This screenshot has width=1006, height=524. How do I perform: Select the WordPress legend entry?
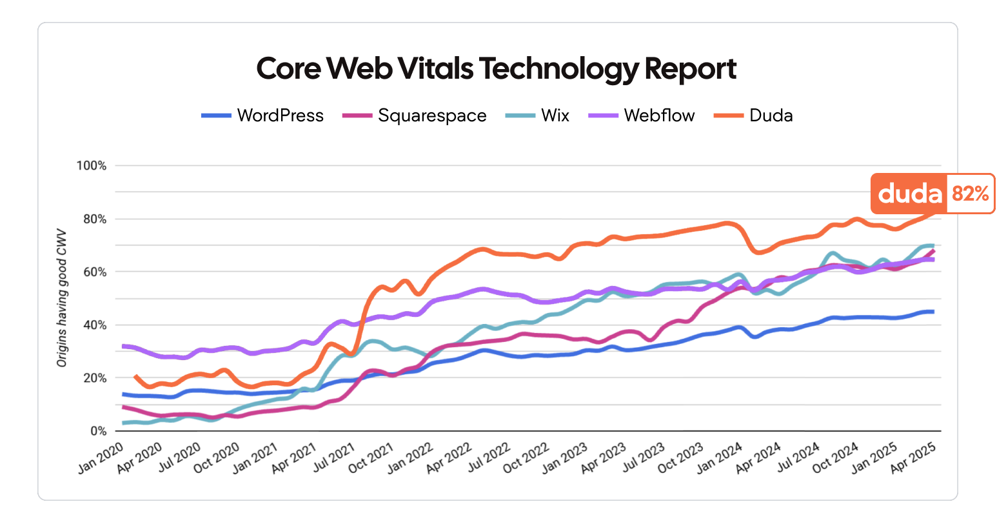(280, 116)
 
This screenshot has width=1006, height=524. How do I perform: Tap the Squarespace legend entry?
(431, 116)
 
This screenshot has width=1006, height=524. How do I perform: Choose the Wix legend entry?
(555, 116)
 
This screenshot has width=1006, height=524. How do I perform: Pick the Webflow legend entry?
(658, 116)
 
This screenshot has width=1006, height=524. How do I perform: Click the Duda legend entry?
(771, 116)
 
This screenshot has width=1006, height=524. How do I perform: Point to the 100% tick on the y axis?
(91, 166)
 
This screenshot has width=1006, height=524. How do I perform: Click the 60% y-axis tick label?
(94, 272)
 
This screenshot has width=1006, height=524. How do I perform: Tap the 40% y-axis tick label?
(94, 325)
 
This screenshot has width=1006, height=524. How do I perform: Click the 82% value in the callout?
(970, 193)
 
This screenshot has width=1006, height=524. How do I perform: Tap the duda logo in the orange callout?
(909, 193)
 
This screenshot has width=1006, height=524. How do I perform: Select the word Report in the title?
(690, 68)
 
